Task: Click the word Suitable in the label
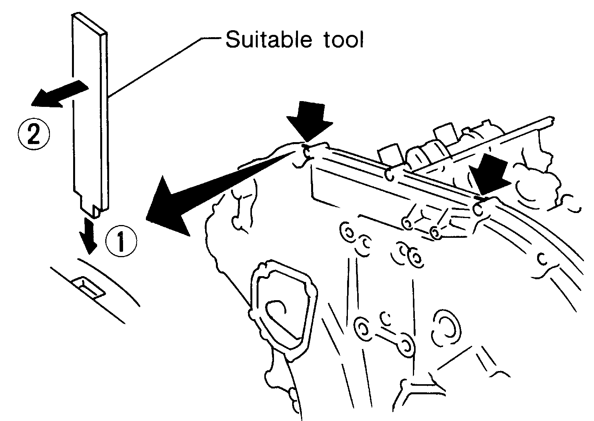[268, 40]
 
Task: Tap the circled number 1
[122, 241]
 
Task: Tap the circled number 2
[34, 134]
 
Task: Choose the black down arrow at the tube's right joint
[490, 175]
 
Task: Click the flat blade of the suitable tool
[90, 112]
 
